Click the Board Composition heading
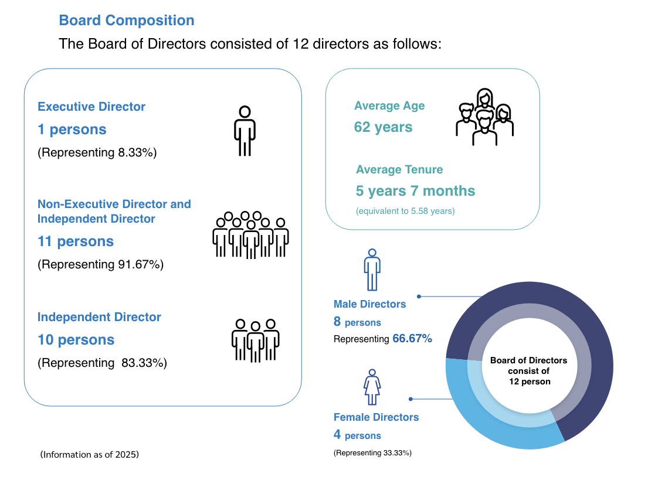pos(127,21)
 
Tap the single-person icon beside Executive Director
pos(245,131)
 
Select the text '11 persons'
pos(76,241)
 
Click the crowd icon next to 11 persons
pos(250,234)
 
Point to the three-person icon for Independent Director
pos(255,340)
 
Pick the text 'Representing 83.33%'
pos(102,363)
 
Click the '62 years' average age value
pos(383,127)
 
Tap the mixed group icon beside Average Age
pos(485,117)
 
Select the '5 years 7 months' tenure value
pos(415,191)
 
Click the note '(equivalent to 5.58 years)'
pos(405,211)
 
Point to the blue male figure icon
pos(372,270)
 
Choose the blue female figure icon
pos(372,387)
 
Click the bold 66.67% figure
pos(412,339)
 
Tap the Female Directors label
pos(376,417)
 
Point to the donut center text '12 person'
pos(530,381)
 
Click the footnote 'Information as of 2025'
pos(90,455)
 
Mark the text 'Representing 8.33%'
pos(97,152)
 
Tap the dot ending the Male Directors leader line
pos(419,297)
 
